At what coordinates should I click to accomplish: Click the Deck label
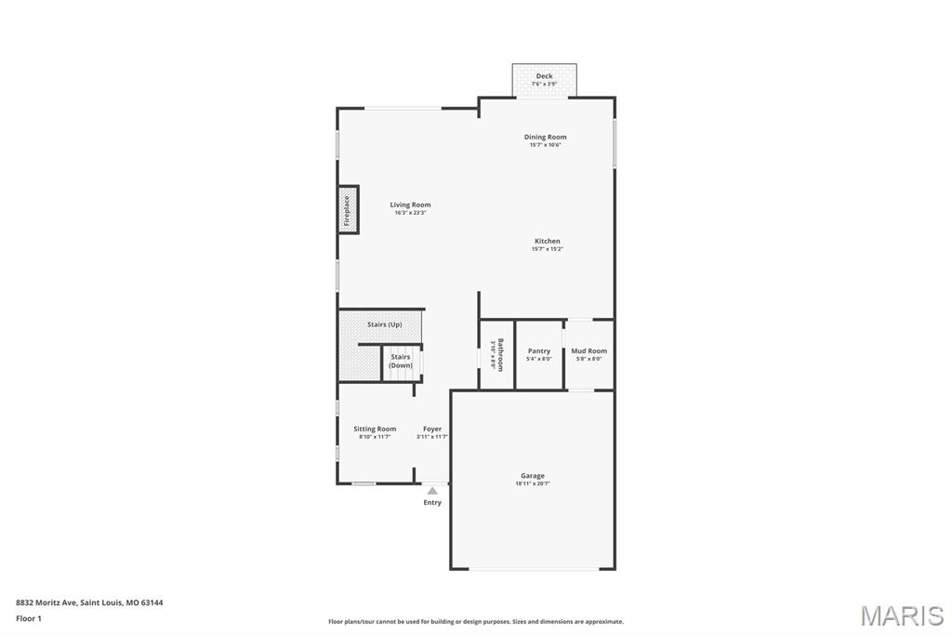coord(544,76)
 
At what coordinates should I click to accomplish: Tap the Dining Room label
coord(545,137)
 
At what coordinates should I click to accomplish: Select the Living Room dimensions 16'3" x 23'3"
coord(410,213)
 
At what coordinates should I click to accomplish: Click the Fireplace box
coord(348,210)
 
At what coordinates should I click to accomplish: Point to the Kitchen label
coord(547,241)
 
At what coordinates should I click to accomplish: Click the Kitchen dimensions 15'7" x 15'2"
coord(547,249)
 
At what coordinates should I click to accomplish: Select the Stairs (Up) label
coord(384,324)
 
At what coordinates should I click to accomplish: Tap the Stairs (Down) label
coord(401,362)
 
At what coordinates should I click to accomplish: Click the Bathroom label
coord(500,354)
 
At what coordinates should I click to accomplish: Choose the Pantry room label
coord(539,350)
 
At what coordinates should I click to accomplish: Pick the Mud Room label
coord(588,350)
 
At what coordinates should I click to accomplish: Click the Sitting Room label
coord(375,429)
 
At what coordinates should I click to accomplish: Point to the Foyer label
coord(432,429)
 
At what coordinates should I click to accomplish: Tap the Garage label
coord(533,475)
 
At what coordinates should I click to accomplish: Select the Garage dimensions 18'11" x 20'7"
coord(533,483)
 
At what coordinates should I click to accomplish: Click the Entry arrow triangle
coord(432,491)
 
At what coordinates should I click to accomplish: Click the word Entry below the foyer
coord(432,503)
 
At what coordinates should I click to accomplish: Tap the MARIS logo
coord(902,615)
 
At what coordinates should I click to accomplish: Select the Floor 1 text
coord(29,618)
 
